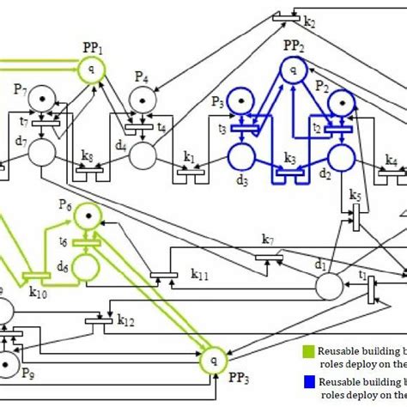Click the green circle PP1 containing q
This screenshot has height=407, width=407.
[91, 68]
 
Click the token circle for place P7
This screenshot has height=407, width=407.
[40, 101]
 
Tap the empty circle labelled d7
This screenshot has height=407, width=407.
[40, 155]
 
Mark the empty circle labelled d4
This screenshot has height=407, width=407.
[143, 155]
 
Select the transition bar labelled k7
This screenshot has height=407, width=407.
[270, 258]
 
